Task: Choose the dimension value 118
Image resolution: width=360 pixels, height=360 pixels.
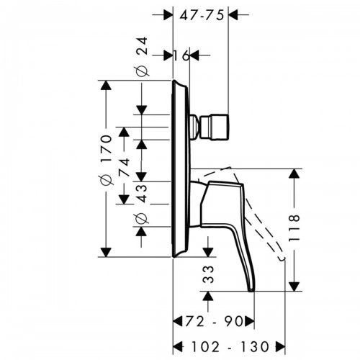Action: pyautogui.click(x=294, y=227)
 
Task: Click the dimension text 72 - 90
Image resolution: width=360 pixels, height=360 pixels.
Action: pyautogui.click(x=213, y=320)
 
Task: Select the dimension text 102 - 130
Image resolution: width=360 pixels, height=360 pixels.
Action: pyautogui.click(x=230, y=346)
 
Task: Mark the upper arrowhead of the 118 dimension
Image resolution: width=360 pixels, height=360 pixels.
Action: pyautogui.click(x=294, y=174)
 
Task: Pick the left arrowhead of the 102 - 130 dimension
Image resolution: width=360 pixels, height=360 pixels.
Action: pyautogui.click(x=178, y=346)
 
